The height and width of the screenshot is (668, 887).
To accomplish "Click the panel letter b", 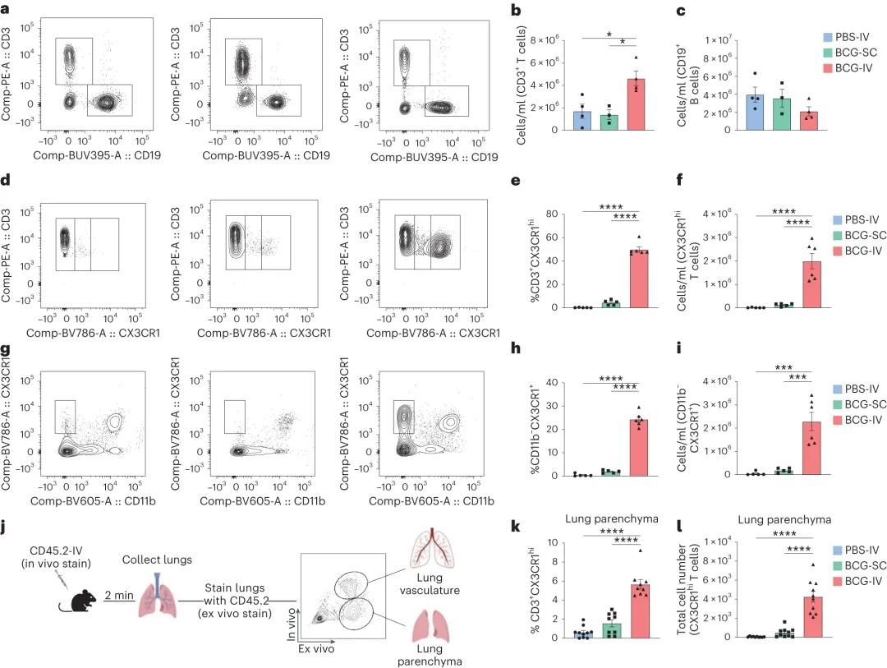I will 517,11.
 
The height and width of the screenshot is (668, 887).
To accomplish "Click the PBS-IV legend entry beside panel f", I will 849,219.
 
